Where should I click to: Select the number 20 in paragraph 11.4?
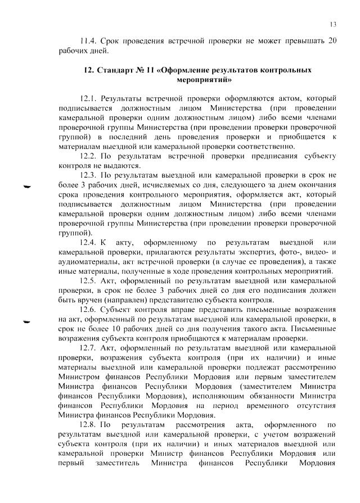click(332, 42)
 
